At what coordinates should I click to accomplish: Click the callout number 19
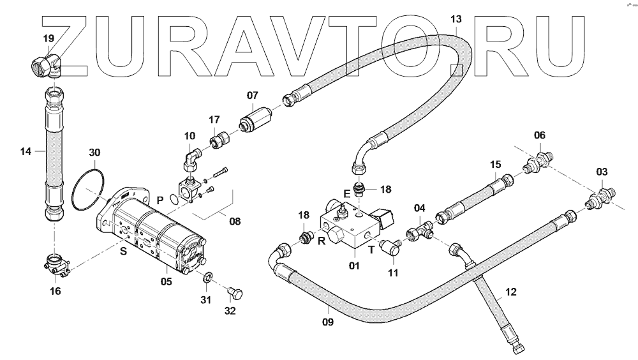pyautogui.click(x=48, y=40)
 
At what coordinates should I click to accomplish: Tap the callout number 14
pyautogui.click(x=26, y=151)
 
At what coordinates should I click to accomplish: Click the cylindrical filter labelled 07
pyautogui.click(x=255, y=120)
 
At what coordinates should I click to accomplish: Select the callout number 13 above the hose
pyautogui.click(x=455, y=19)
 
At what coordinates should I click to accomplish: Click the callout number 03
pyautogui.click(x=602, y=172)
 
